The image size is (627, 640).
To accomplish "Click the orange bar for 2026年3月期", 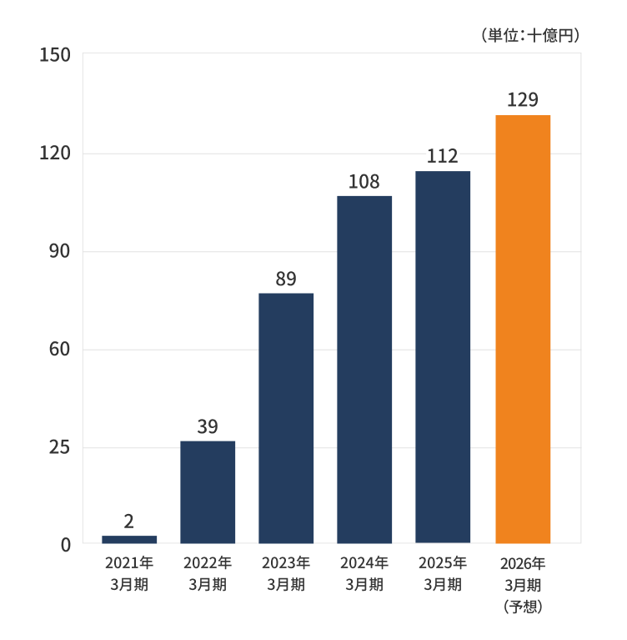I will click(523, 329).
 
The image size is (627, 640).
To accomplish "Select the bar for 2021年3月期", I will click(129, 539).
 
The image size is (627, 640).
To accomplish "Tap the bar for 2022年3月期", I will click(208, 492).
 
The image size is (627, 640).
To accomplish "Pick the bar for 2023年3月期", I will click(286, 418).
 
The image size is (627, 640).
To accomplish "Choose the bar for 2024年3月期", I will click(364, 370).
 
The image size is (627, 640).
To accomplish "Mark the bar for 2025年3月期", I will click(443, 357).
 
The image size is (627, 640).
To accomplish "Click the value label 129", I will click(523, 100).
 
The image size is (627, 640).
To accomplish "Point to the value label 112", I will click(443, 156).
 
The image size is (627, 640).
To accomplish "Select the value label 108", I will click(364, 181).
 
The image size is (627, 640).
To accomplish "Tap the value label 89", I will click(286, 279).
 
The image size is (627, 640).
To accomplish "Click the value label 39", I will click(208, 426).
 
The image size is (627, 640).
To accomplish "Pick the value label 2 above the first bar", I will click(129, 522).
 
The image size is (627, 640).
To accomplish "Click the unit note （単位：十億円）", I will click(530, 35).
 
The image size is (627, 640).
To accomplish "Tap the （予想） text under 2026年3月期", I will click(524, 607).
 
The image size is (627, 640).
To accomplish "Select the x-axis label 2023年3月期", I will click(286, 573).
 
